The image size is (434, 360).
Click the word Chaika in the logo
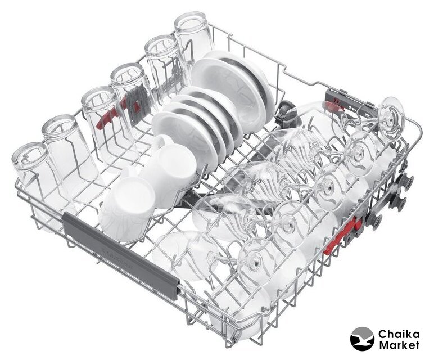coord(399,334)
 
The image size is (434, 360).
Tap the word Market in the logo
coord(399,345)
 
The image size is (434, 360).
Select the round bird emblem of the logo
coord(362,339)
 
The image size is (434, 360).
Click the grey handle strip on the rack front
coord(121,255)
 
